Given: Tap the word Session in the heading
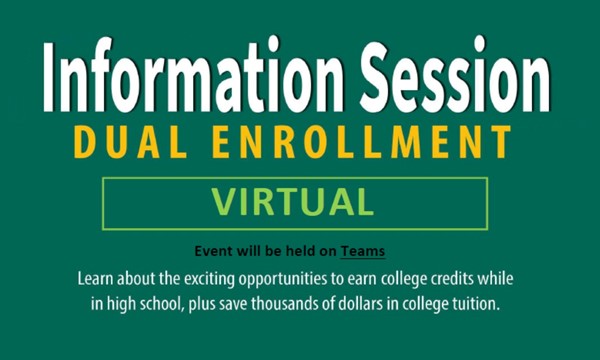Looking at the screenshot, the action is pyautogui.click(x=455, y=73).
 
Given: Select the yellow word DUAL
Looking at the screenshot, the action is pyautogui.click(x=131, y=142).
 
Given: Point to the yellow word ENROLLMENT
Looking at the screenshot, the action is pyautogui.click(x=362, y=142).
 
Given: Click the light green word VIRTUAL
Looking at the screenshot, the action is pyautogui.click(x=293, y=202).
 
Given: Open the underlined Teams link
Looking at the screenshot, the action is pyautogui.click(x=363, y=251).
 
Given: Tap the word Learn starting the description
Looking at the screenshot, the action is pyautogui.click(x=96, y=279).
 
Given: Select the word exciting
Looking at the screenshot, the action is pyautogui.click(x=209, y=280).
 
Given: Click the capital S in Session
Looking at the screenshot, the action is pyautogui.click(x=374, y=74).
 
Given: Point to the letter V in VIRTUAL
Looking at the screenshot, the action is pyautogui.click(x=223, y=202).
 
